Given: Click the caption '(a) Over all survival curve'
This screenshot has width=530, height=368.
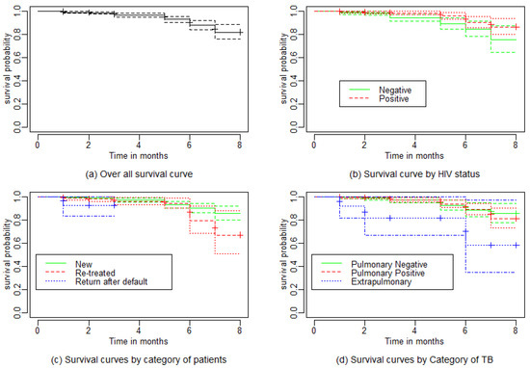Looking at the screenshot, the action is tap(139, 174).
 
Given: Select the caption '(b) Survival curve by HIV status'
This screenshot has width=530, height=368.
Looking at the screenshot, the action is tap(414, 174).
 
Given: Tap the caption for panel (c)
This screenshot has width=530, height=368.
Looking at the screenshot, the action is tap(139, 360).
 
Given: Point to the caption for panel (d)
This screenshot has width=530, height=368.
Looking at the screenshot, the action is tap(414, 360).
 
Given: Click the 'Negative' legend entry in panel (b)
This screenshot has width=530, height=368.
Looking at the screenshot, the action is tap(395, 90).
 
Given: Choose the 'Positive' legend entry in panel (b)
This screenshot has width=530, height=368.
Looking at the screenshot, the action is tap(394, 98).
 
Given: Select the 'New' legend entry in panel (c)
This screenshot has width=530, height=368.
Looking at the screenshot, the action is tap(84, 264).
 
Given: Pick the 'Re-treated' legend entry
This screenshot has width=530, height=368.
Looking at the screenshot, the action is tap(95, 273).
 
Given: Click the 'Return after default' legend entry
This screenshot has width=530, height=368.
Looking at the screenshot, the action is tap(111, 282).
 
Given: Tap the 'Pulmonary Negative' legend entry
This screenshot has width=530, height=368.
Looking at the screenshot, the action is tap(389, 264).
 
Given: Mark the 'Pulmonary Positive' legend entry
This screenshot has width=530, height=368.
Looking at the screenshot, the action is tap(387, 273).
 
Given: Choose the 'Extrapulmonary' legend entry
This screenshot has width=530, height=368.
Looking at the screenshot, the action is tap(382, 282).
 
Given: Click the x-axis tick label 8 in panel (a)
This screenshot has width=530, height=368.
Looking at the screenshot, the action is tap(240, 145).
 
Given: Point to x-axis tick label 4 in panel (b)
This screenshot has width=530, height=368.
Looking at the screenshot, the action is tap(414, 145).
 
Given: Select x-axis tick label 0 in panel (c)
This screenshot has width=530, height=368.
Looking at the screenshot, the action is tap(38, 330).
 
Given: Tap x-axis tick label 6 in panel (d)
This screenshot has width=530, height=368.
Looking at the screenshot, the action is tap(465, 330).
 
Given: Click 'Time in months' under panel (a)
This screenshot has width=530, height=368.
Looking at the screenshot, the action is tap(138, 156).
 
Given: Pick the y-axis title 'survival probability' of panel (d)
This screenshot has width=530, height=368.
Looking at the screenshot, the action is tap(284, 254).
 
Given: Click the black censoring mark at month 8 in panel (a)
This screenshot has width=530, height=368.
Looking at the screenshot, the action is tap(240, 33).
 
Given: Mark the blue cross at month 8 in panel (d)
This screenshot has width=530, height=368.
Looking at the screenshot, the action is tap(516, 246).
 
